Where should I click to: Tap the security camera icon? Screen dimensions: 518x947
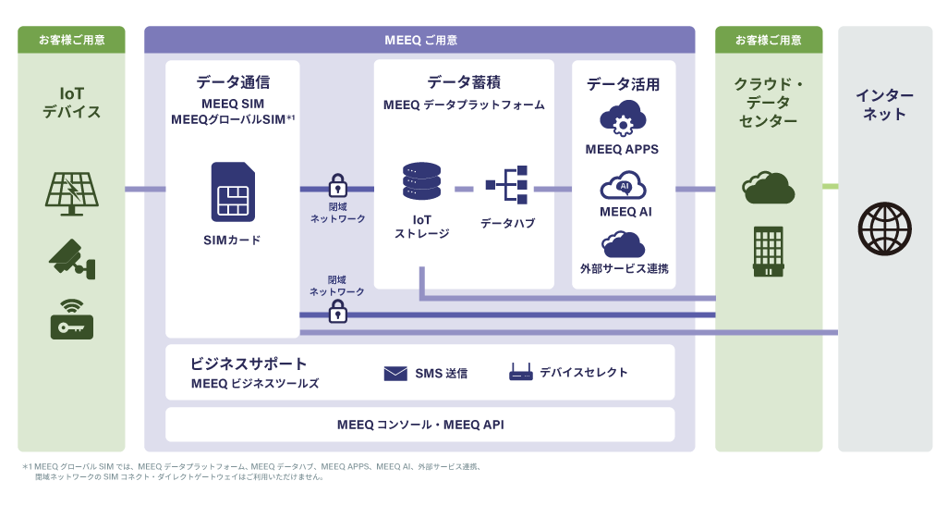(71, 258)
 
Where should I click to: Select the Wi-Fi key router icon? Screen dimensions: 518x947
(71, 319)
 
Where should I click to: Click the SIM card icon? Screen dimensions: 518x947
(233, 192)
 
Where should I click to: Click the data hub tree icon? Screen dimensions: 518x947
(507, 185)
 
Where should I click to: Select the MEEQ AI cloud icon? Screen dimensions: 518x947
(624, 185)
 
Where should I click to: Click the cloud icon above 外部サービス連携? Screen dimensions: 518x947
(624, 244)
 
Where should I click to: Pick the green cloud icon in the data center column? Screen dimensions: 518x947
(768, 188)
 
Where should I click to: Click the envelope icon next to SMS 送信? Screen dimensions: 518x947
(395, 374)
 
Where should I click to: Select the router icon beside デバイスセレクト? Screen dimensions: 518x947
(521, 373)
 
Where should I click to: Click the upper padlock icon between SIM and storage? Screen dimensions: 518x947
(337, 185)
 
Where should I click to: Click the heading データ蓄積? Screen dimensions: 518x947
(464, 82)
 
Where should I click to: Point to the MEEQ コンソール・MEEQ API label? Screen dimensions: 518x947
(420, 425)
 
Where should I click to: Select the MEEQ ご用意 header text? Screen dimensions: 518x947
(420, 40)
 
